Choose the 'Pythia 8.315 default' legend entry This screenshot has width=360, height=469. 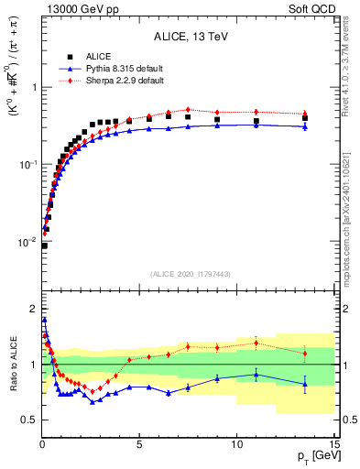pyautogui.click(x=110, y=69)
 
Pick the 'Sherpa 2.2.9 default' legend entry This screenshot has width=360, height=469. pyautogui.click(x=110, y=81)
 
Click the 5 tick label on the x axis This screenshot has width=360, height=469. pyautogui.click(x=139, y=444)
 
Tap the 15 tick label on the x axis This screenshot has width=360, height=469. pyautogui.click(x=333, y=444)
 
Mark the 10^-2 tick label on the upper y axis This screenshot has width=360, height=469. pyautogui.click(x=27, y=241)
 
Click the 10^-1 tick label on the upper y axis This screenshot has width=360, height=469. pyautogui.click(x=27, y=164)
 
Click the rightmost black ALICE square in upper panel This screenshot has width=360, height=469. pyautogui.click(x=305, y=118)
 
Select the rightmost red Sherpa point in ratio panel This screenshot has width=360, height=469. pyautogui.click(x=305, y=353)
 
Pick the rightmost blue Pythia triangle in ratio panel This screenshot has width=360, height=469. pyautogui.click(x=305, y=385)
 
